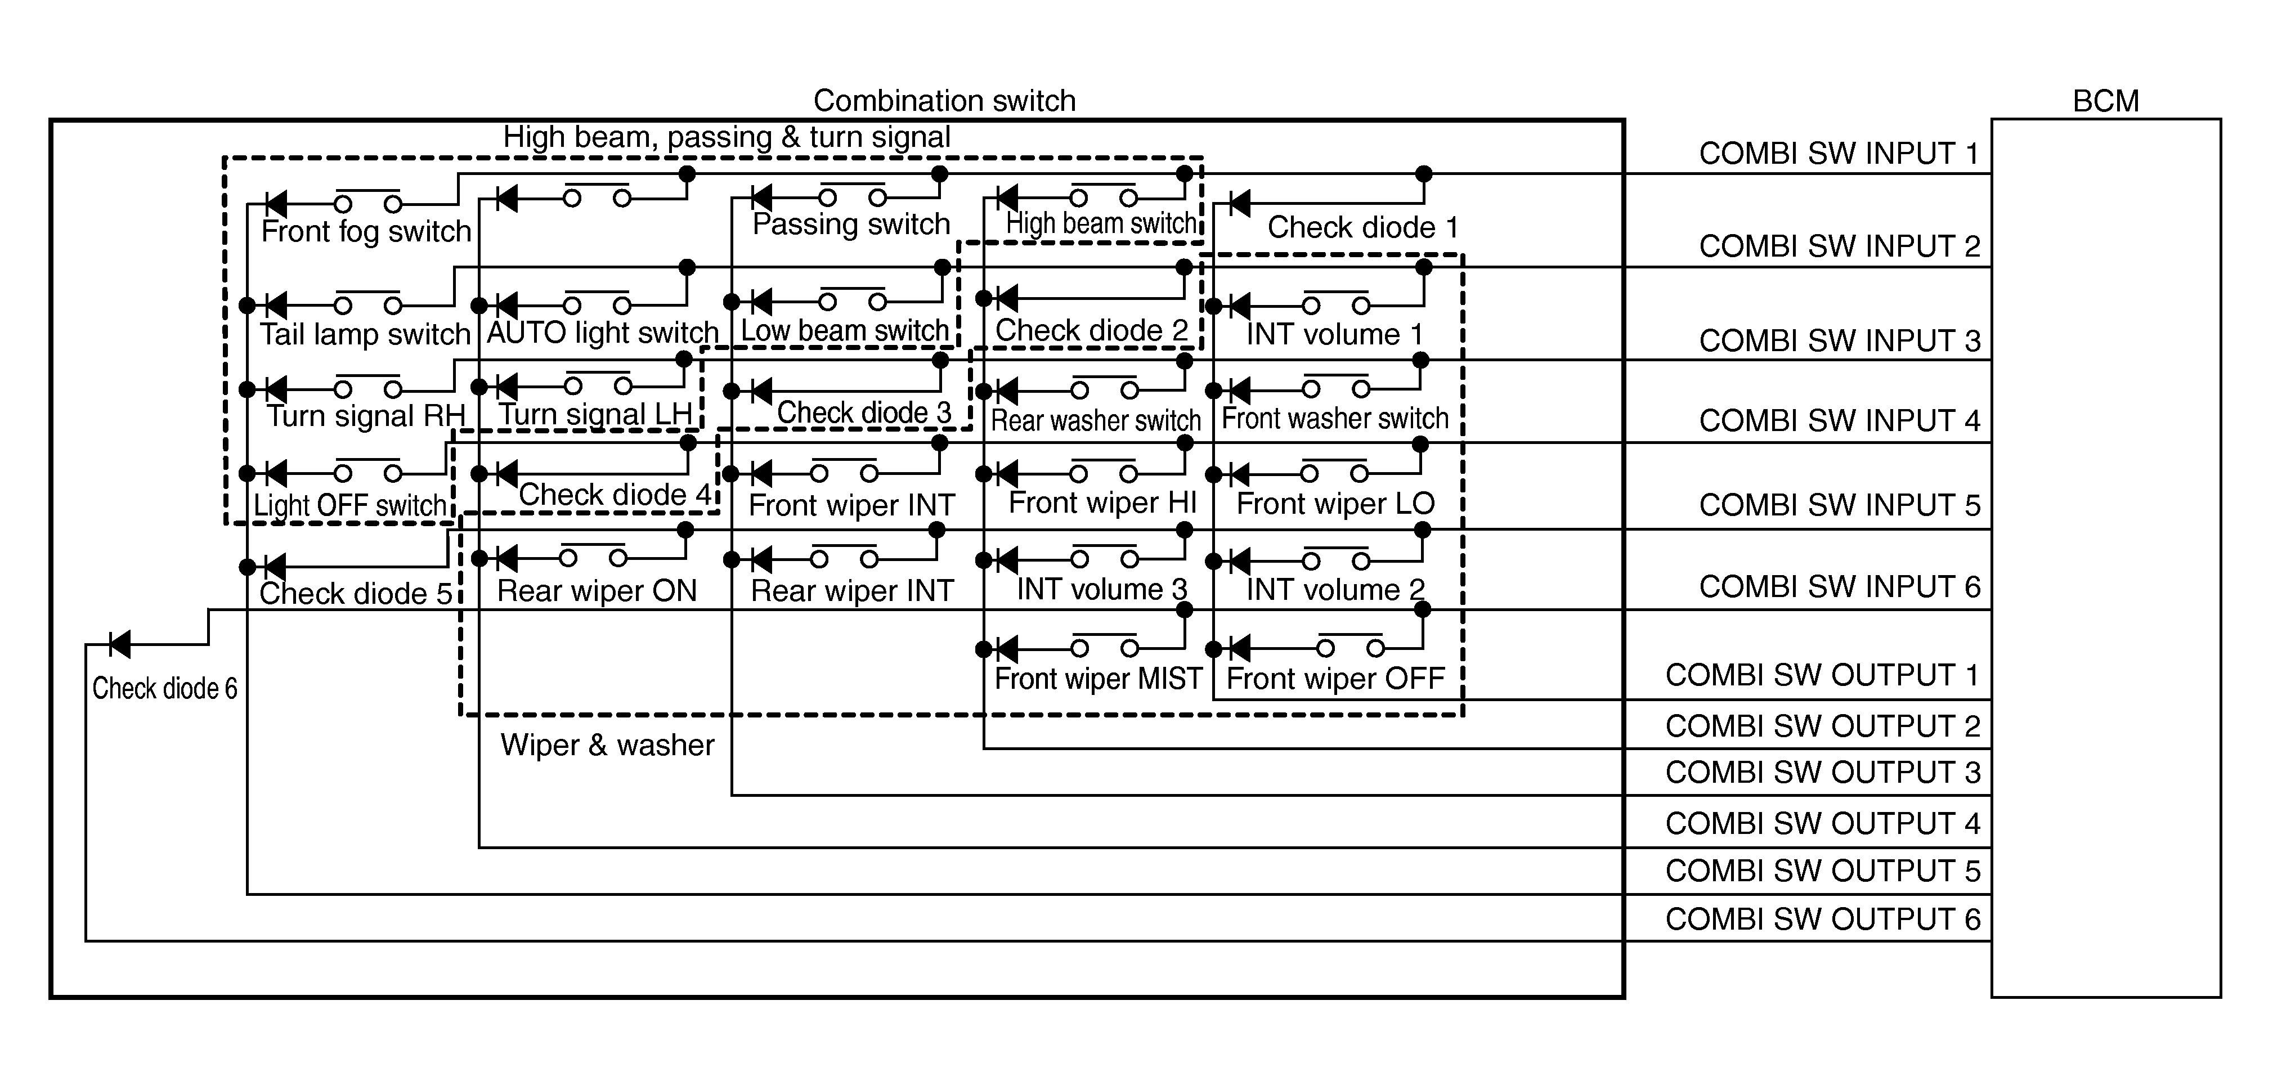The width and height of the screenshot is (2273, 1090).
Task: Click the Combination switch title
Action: [x=944, y=101]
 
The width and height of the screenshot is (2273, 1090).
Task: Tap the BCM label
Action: [x=2105, y=101]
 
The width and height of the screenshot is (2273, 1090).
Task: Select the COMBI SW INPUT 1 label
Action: [x=1840, y=154]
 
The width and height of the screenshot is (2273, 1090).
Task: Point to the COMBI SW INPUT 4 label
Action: [x=1840, y=420]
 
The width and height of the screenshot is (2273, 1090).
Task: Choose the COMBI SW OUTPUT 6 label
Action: [x=1823, y=919]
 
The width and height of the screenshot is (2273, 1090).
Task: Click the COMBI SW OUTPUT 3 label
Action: [x=1823, y=772]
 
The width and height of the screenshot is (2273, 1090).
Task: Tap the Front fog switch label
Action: [x=366, y=231]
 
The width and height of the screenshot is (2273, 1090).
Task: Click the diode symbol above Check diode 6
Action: [x=119, y=644]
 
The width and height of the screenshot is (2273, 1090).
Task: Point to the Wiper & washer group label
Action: [x=607, y=745]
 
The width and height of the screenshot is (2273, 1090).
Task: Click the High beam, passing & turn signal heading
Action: [x=727, y=137]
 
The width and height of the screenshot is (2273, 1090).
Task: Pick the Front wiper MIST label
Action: [x=1099, y=679]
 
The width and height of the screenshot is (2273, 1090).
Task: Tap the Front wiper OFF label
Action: [x=1335, y=679]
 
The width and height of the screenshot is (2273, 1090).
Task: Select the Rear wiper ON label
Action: [x=597, y=590]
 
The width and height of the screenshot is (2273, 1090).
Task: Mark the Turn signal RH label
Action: [x=366, y=416]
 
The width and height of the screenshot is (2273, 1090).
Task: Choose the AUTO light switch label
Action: [x=603, y=333]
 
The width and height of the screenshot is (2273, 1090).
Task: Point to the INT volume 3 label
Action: [x=1102, y=589]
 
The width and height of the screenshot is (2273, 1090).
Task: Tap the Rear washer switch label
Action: [x=1096, y=420]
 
